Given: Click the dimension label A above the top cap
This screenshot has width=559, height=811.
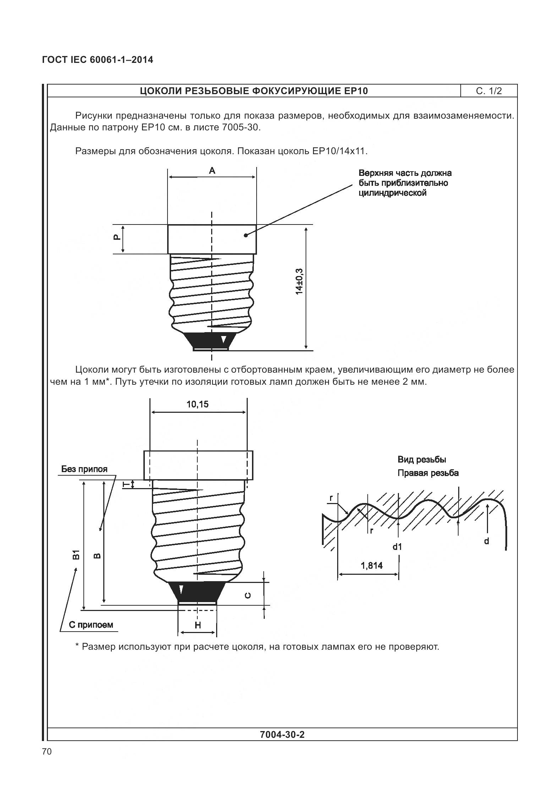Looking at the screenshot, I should pyautogui.click(x=212, y=171).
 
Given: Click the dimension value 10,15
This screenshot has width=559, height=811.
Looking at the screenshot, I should pyautogui.click(x=198, y=404).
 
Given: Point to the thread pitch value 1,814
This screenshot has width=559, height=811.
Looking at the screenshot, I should pyautogui.click(x=372, y=566).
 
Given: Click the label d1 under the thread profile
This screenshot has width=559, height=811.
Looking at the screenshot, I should pyautogui.click(x=397, y=547).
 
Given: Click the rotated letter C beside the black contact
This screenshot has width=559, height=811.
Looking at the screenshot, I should pyautogui.click(x=248, y=595).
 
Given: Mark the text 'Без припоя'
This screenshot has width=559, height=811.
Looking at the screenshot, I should pyautogui.click(x=84, y=469).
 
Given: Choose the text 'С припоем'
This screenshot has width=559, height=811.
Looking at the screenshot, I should pyautogui.click(x=91, y=625).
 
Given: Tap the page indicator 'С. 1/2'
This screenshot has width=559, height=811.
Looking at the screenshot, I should pyautogui.click(x=489, y=91).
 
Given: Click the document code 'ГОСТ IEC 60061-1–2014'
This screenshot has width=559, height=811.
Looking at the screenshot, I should pyautogui.click(x=98, y=60).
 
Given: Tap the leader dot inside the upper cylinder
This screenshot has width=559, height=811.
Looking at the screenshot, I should pyautogui.click(x=246, y=235).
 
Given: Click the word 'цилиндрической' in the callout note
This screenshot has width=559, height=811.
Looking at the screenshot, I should pyautogui.click(x=392, y=193).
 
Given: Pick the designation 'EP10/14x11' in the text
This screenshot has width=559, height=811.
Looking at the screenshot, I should pyautogui.click(x=339, y=151).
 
